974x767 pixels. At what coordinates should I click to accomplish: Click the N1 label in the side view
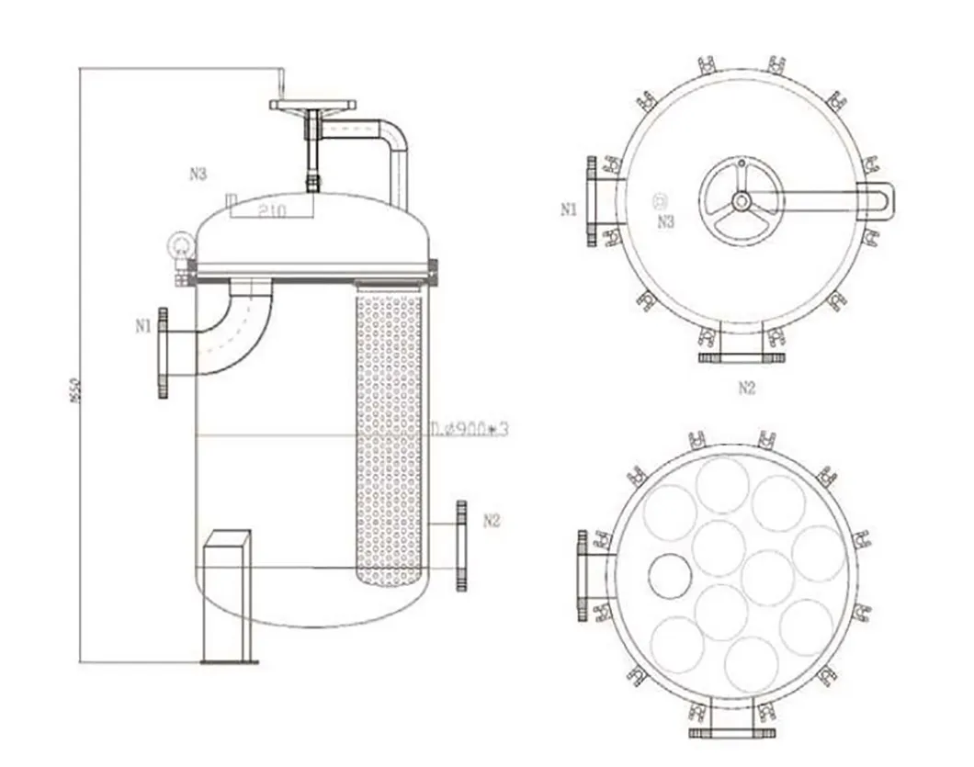click(x=142, y=324)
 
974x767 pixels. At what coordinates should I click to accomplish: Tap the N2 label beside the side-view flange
click(x=492, y=521)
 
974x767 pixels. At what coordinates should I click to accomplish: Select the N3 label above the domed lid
click(x=198, y=174)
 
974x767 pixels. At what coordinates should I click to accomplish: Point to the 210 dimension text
click(x=272, y=210)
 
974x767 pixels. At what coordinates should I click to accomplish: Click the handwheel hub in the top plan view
click(x=741, y=200)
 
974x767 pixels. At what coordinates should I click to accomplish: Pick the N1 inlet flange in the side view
click(x=164, y=353)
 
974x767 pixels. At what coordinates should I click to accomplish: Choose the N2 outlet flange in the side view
click(x=460, y=546)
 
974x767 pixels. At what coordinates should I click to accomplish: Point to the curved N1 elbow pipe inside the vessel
click(x=232, y=326)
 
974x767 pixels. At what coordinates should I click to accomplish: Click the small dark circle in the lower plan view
click(x=670, y=575)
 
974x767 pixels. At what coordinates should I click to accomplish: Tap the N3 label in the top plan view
click(x=665, y=220)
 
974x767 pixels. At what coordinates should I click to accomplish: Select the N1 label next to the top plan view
click(x=569, y=209)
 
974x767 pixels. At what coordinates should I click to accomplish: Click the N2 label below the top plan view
click(x=746, y=388)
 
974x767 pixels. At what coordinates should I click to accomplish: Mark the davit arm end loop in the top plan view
click(x=877, y=198)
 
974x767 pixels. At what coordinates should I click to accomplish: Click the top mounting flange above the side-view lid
click(x=312, y=105)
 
